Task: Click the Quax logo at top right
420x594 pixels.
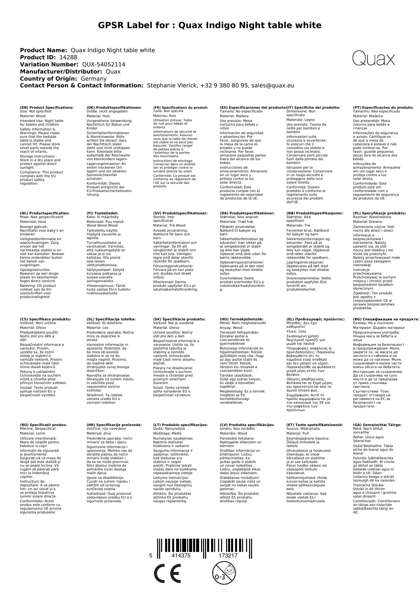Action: (x=373, y=59)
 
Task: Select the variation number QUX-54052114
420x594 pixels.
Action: (x=104, y=65)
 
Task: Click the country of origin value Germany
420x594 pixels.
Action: (x=93, y=79)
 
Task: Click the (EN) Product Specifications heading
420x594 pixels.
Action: (x=47, y=108)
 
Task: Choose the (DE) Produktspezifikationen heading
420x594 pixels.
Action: (x=114, y=108)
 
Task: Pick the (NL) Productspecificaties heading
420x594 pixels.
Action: (x=45, y=213)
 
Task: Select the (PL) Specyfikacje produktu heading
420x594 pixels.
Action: (x=379, y=213)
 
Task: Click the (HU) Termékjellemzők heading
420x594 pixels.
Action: (x=242, y=319)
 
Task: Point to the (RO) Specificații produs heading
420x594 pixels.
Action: (x=43, y=425)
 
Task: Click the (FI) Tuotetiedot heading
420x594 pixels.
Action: (x=103, y=213)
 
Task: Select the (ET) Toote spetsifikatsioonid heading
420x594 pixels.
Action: (x=314, y=425)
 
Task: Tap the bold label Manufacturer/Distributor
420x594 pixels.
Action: (x=61, y=72)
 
